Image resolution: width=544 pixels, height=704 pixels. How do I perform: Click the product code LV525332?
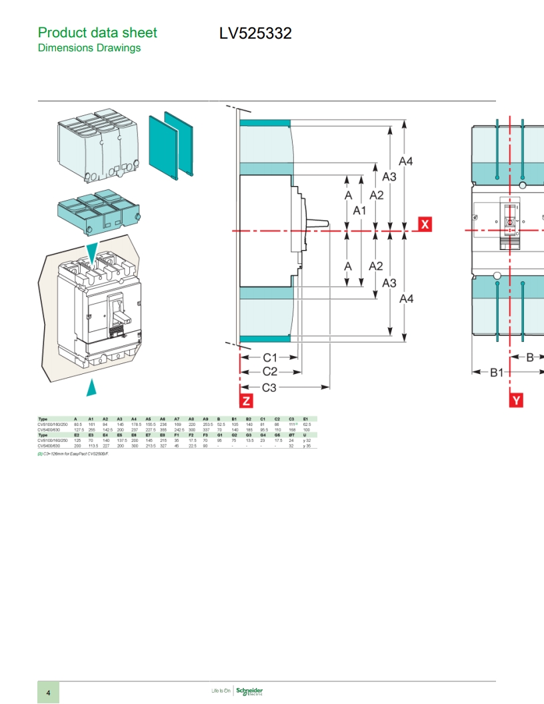pos(255,33)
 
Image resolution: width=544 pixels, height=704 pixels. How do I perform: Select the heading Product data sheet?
pos(97,33)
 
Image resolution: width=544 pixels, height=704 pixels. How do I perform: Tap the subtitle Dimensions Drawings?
pos(89,48)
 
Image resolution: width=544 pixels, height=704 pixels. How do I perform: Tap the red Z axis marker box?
pos(246,400)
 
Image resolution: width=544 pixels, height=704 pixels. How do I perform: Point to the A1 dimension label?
pos(360,210)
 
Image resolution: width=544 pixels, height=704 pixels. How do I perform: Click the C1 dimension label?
pos(270,358)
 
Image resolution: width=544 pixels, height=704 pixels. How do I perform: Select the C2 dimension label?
pos(269,371)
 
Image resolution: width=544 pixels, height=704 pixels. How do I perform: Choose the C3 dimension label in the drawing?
pos(269,387)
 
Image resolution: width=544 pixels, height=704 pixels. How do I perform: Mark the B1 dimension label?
pos(497,372)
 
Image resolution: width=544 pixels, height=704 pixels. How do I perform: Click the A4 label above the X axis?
pos(405,161)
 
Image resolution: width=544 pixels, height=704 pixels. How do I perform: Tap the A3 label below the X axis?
pos(389,283)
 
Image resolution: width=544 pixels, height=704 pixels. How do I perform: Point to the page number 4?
pos(48,693)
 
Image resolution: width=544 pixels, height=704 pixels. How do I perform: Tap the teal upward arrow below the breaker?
pos(95,387)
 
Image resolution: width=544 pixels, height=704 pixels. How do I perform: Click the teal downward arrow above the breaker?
pos(91,251)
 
